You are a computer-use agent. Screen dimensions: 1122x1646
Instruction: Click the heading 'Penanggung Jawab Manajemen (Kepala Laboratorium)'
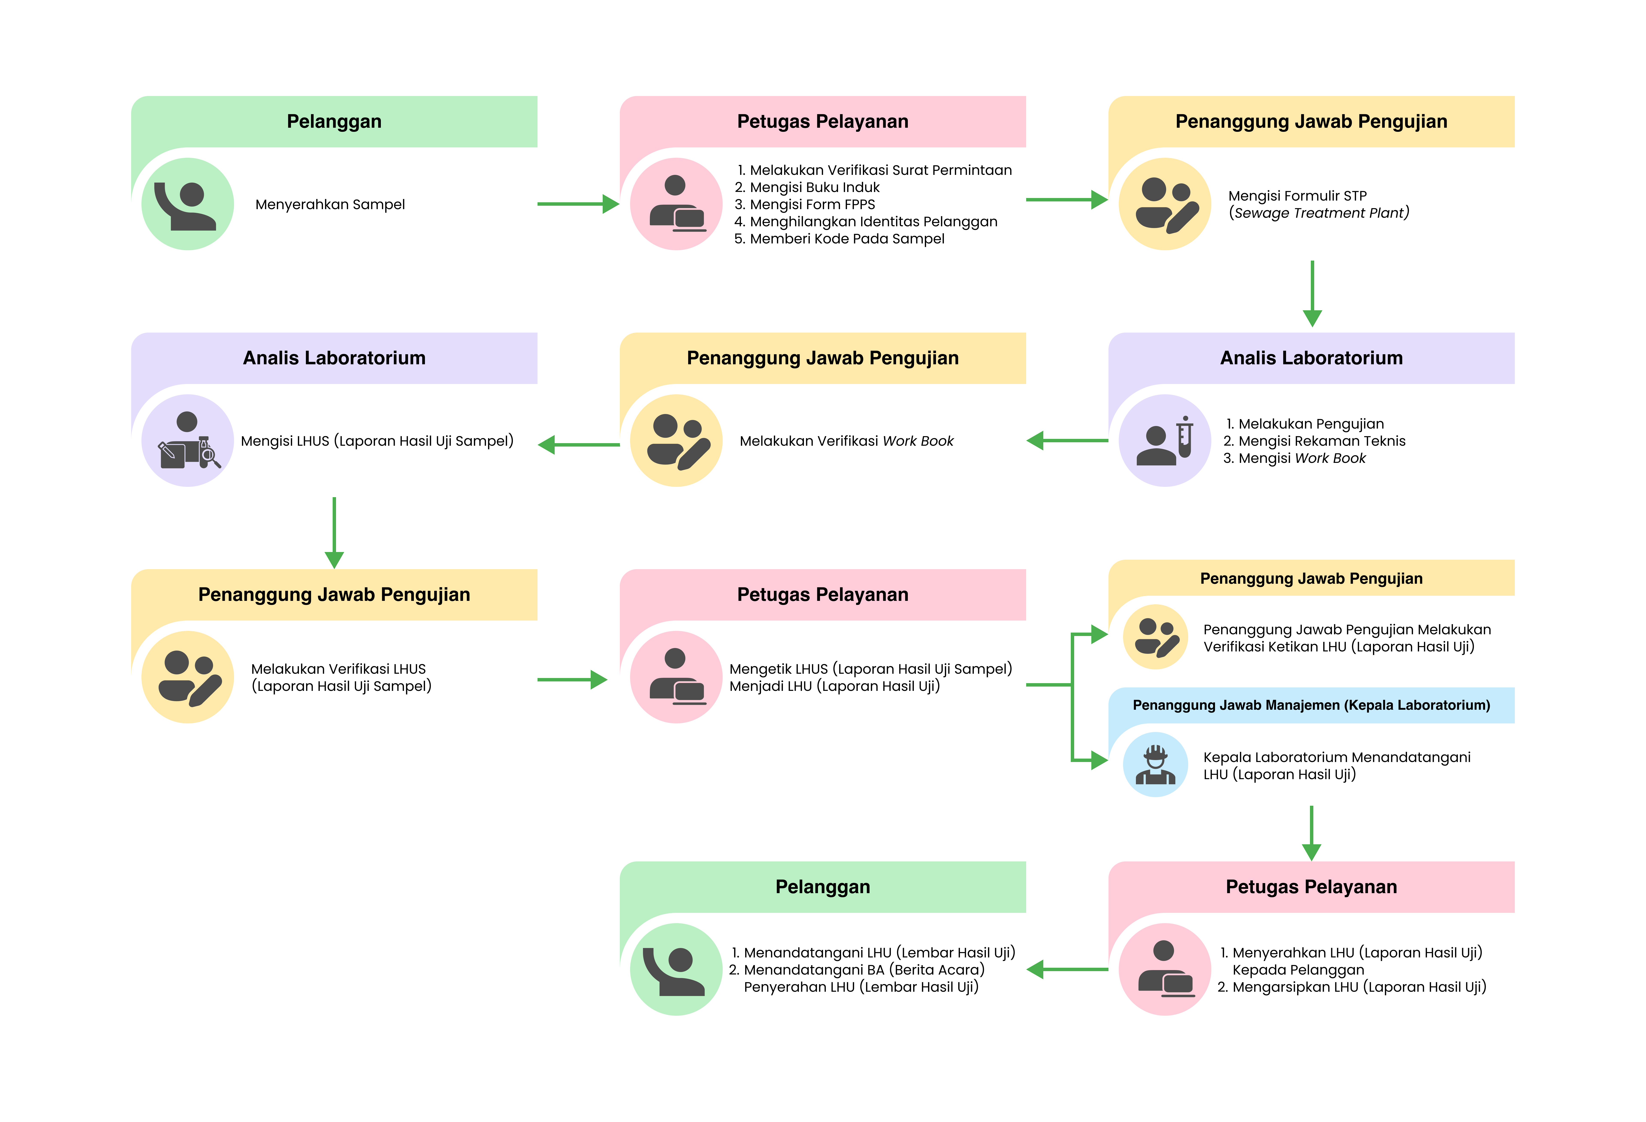pos(1311,705)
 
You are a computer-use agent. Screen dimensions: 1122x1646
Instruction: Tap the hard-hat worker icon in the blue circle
pos(1155,764)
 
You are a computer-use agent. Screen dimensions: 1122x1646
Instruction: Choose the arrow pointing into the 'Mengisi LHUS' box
pos(577,445)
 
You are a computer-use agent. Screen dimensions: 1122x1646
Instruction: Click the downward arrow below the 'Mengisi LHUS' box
pos(334,533)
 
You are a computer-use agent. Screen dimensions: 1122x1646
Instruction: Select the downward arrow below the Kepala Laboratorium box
pos(1312,834)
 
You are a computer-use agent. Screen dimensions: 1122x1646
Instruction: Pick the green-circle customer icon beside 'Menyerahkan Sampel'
pos(188,204)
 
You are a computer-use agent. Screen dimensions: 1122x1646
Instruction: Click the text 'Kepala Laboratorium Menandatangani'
pos(1337,757)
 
